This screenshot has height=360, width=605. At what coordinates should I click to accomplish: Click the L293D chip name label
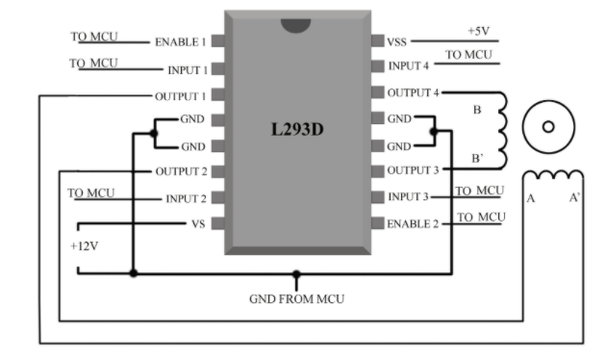click(297, 129)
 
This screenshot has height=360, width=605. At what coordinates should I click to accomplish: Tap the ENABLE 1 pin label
click(181, 42)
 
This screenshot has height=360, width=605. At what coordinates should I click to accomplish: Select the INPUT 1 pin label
click(188, 70)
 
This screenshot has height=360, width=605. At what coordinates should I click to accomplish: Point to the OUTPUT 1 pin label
click(180, 96)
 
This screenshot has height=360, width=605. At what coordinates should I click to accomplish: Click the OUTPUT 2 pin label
click(182, 171)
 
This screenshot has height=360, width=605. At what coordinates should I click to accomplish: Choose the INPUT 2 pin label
click(186, 198)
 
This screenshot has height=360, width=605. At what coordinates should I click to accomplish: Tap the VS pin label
click(198, 224)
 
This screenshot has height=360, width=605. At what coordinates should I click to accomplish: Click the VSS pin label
click(397, 42)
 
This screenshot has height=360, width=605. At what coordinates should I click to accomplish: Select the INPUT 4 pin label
click(408, 66)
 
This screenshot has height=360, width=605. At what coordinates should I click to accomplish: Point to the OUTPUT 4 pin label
click(414, 92)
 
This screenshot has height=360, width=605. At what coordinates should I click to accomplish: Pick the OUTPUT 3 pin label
click(414, 170)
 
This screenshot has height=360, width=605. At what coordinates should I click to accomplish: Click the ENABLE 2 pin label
click(413, 224)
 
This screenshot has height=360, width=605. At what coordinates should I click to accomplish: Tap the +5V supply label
click(479, 31)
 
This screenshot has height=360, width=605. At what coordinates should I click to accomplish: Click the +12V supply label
click(84, 246)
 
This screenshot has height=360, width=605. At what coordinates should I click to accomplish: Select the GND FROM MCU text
click(296, 299)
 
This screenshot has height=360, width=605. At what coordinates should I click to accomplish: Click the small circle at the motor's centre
click(548, 127)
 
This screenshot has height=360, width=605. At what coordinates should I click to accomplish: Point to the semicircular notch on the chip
click(296, 25)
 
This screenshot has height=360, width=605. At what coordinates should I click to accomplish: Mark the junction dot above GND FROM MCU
click(296, 274)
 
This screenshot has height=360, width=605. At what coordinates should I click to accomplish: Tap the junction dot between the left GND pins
click(154, 133)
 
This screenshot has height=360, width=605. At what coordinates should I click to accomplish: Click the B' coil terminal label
click(477, 159)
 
